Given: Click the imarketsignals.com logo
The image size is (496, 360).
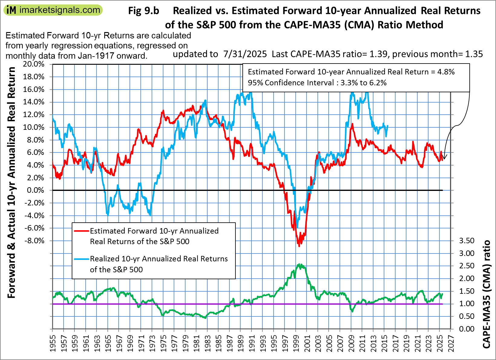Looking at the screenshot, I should (53, 10).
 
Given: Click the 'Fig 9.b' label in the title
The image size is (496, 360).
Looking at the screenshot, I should (143, 11).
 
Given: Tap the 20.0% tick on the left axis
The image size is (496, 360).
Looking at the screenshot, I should (34, 64).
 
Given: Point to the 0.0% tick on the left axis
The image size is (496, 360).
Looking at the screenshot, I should (35, 190).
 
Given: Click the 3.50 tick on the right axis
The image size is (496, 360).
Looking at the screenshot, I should (467, 241).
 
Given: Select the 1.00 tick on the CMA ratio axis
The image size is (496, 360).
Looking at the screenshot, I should (467, 304).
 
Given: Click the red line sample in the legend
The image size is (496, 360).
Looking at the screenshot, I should (82, 231).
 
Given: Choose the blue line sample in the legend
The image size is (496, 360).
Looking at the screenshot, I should (82, 259).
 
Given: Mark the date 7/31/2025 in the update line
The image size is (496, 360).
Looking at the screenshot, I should (245, 54).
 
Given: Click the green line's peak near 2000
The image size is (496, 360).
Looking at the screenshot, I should (299, 264).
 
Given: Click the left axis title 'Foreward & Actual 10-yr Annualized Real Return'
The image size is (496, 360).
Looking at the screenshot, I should (11, 182).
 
